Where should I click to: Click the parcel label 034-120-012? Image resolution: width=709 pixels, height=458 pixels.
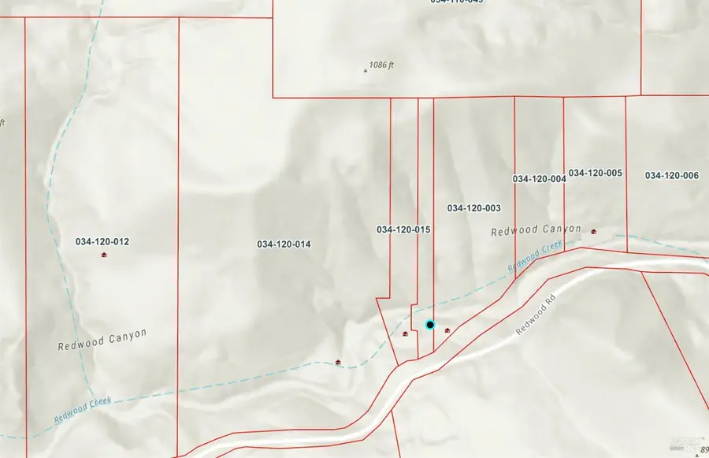click(102, 241)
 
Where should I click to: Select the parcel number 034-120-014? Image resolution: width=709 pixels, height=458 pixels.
click(284, 244)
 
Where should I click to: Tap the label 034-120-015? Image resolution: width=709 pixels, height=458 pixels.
click(403, 229)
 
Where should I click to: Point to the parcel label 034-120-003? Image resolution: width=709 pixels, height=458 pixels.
click(474, 208)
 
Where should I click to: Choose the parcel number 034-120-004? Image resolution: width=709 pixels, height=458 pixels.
click(539, 179)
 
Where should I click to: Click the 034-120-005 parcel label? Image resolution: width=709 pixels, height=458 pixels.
click(596, 173)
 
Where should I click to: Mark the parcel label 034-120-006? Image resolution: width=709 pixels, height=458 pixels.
click(671, 175)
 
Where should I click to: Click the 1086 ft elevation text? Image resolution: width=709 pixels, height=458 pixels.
click(381, 65)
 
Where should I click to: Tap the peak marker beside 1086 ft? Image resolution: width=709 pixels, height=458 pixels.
click(365, 70)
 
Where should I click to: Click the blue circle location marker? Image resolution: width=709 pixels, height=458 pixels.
click(430, 324)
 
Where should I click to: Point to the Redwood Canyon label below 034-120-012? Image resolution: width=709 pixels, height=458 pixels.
click(102, 340)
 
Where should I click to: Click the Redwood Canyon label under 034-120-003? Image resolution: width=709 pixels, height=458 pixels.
click(536, 230)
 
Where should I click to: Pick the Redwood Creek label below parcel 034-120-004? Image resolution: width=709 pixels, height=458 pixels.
click(536, 258)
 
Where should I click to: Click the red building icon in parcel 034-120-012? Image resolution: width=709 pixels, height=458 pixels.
click(104, 255)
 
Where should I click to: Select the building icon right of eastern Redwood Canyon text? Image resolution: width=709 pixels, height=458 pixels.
click(593, 231)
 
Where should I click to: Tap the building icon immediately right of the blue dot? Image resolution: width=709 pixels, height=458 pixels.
click(447, 330)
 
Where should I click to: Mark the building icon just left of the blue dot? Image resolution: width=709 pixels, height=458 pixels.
click(406, 333)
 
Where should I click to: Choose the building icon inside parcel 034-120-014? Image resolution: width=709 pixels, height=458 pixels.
click(339, 362)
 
